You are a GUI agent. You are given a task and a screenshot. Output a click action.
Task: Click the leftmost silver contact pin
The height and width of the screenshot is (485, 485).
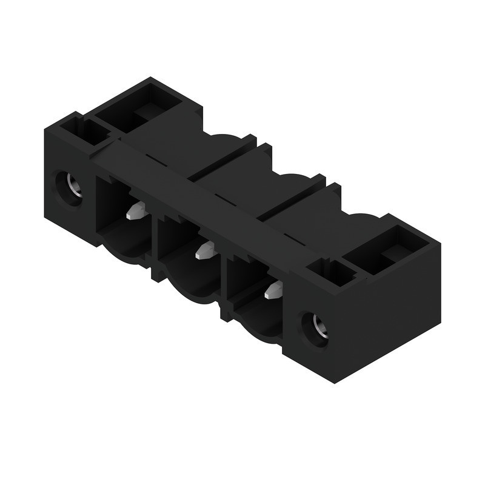coord(136,211)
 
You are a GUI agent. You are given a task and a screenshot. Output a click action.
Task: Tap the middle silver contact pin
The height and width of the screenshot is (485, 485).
coord(205,249)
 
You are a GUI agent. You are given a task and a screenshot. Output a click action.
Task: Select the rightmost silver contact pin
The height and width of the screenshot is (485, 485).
coord(275,289)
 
